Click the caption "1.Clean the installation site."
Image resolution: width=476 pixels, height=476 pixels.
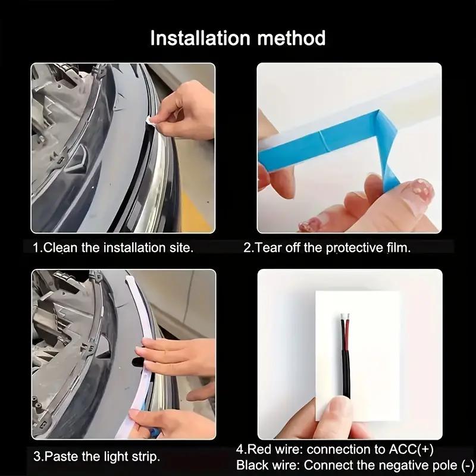113,248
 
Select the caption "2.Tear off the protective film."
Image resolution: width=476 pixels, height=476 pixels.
327,248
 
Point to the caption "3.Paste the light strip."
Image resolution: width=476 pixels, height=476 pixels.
96,457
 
